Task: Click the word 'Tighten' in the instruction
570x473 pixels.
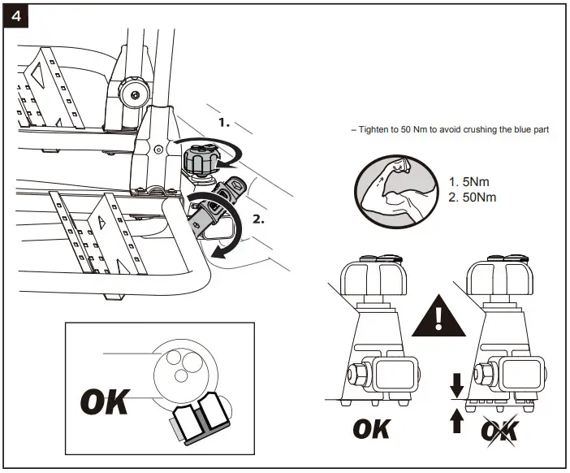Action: coord(369,130)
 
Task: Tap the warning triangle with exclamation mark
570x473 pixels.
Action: coord(439,318)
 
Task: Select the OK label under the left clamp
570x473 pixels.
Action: coord(371,428)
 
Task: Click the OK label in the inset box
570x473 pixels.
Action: coord(104,402)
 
